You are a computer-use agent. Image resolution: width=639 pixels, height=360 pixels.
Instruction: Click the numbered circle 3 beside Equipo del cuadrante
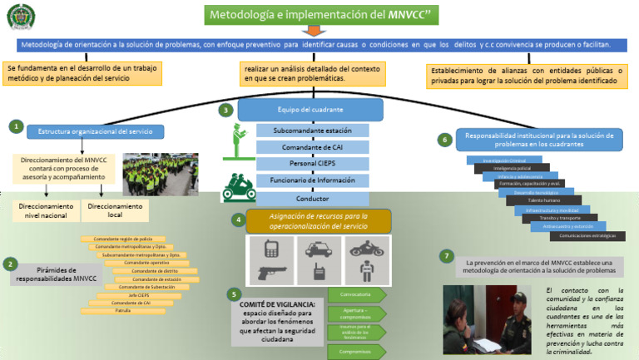click(225, 110)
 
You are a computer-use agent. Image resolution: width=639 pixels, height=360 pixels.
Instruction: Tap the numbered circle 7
click(447, 255)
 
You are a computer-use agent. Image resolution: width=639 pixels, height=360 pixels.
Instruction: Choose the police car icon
click(317, 248)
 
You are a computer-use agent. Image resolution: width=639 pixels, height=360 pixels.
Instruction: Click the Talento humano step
click(544, 200)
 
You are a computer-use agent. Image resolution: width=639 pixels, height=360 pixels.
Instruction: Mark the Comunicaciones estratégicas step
click(593, 234)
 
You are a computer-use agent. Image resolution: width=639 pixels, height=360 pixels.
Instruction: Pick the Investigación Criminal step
click(505, 160)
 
